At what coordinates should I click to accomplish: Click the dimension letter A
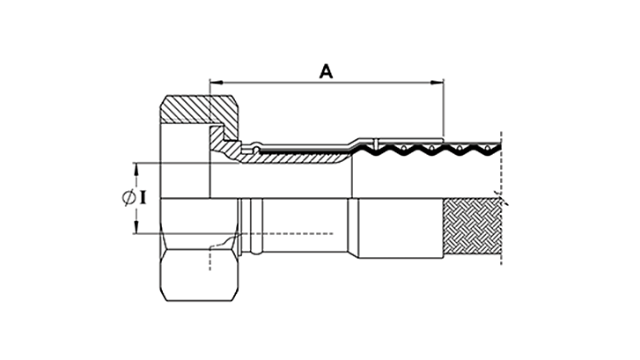coord(326,71)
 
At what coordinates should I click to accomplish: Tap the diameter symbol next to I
coord(127,199)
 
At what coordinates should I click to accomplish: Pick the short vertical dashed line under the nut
coord(210,260)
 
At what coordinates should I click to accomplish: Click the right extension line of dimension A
coord(443,110)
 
